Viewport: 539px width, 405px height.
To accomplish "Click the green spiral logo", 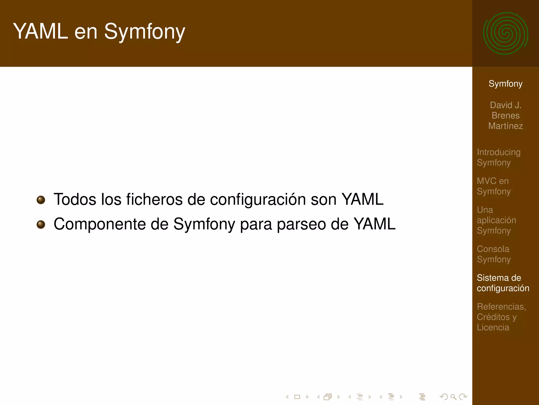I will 506,33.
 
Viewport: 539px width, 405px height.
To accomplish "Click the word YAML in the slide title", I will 41,31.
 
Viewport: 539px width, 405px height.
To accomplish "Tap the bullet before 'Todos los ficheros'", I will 41,200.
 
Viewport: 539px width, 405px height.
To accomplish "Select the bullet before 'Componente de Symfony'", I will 41,224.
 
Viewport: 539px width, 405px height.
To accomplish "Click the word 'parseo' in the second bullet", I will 301,224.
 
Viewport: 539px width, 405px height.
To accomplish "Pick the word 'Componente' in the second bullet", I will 99,224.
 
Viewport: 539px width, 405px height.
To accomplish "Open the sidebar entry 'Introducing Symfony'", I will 498,157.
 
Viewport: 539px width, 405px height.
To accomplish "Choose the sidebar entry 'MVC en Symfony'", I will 493,186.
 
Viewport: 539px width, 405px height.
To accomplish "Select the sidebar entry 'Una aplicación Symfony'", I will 496,220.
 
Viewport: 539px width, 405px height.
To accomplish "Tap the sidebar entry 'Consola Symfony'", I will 493,254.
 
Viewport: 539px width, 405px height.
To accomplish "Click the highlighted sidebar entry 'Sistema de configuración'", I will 503,283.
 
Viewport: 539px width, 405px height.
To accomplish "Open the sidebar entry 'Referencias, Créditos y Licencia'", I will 501,317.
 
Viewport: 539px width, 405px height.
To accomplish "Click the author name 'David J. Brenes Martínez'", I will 505,115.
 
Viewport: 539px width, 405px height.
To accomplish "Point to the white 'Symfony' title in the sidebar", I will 505,84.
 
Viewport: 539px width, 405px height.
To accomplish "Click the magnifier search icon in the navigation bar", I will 453,397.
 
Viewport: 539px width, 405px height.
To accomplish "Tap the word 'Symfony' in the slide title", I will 144,31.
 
